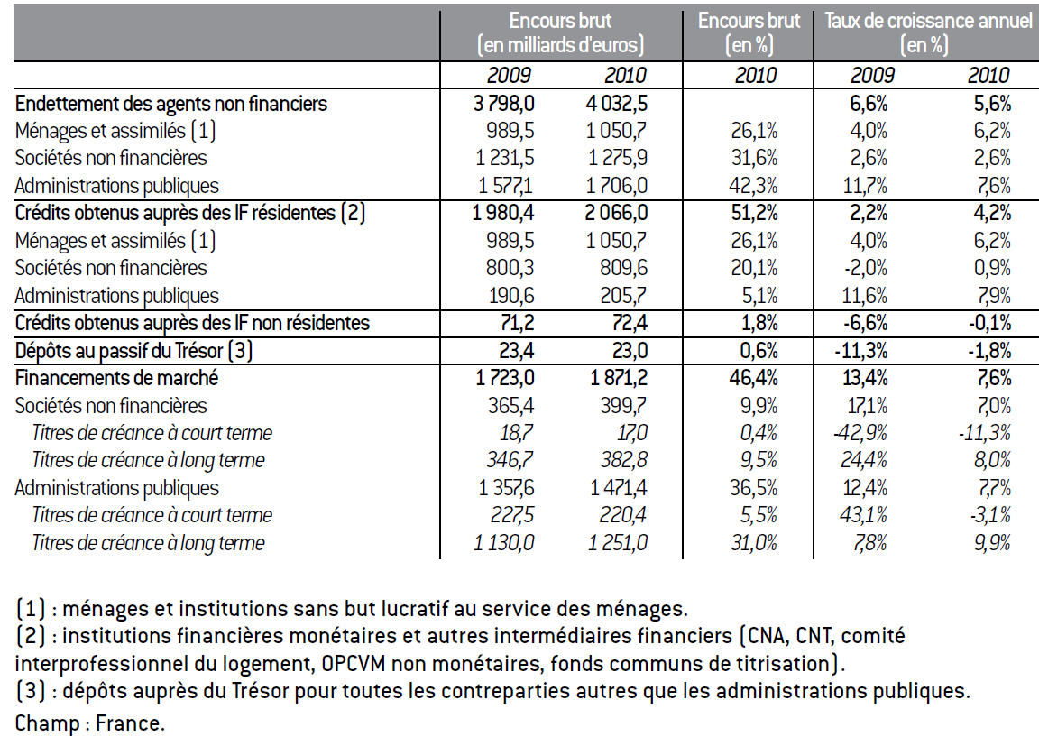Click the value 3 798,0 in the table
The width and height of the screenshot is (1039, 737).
[x=503, y=104]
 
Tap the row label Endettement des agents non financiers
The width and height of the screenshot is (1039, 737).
[x=171, y=104]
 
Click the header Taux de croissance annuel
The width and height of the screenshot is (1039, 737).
[x=928, y=21]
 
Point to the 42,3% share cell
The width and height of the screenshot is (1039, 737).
[x=753, y=186]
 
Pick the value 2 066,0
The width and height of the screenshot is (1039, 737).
[x=617, y=213]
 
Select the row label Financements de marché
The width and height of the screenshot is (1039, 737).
[x=116, y=378]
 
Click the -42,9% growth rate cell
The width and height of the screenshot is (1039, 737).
[x=860, y=433]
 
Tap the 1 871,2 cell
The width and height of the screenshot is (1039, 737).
[x=619, y=378]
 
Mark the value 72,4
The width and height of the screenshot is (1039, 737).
[x=629, y=323]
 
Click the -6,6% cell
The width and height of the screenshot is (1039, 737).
[x=865, y=323]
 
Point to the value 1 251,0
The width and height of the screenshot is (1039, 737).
[x=618, y=543]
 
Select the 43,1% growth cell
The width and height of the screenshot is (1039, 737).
[x=863, y=515]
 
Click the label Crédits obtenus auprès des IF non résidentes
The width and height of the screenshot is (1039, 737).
[x=192, y=323]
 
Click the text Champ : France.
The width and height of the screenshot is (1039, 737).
[x=90, y=723]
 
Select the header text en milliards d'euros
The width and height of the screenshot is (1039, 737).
[x=561, y=45]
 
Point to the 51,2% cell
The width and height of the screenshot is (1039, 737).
[x=754, y=213]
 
